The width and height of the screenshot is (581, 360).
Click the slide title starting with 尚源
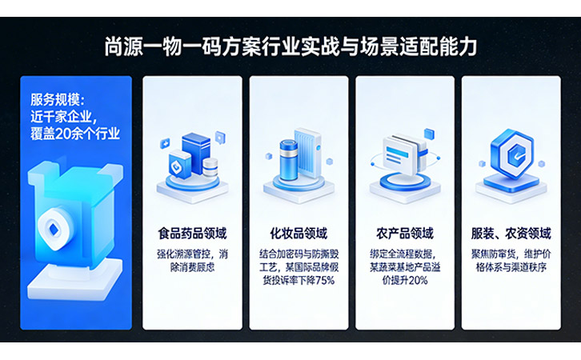(290, 46)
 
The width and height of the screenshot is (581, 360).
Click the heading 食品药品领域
(192, 234)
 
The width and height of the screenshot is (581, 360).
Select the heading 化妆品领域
(298, 234)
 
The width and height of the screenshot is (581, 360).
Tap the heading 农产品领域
(404, 234)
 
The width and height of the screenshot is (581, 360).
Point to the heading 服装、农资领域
(511, 234)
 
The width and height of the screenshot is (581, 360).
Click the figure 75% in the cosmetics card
(323, 281)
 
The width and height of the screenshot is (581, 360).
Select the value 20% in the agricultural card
(417, 281)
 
